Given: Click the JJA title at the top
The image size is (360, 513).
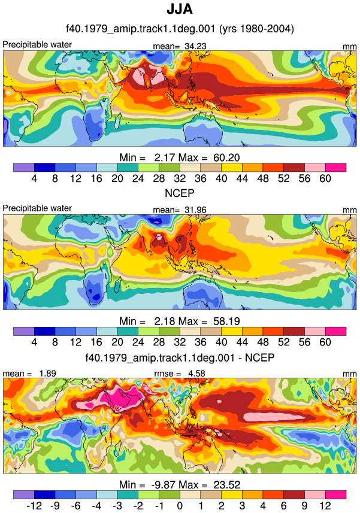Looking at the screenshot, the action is point(180,9).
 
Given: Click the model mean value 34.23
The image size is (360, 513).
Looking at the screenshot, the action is point(195,47).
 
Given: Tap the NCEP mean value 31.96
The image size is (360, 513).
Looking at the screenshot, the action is point(195,210).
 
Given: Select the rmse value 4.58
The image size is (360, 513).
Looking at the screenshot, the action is point(196,374).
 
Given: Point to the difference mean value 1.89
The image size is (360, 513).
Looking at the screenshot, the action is point(47,374).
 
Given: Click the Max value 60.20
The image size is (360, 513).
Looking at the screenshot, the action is point(226,157).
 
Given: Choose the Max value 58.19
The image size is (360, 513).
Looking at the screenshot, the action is point(226,321).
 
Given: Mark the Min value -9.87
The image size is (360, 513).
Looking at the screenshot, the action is point(163,484).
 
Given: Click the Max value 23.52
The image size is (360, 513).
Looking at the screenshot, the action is point(227,484).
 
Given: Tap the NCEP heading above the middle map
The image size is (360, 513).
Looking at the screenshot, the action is point(180,193).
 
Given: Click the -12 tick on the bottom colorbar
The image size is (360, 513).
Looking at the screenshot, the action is point(34,506).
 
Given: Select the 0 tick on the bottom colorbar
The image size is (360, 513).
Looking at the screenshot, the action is point(180,506).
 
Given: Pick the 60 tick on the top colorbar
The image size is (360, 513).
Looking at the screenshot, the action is point(325,178).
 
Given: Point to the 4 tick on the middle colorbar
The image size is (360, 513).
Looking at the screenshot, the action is point(34,342).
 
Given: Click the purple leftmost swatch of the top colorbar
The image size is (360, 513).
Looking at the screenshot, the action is point(24,168).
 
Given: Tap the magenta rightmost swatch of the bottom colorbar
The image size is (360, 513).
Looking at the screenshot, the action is point(336,494).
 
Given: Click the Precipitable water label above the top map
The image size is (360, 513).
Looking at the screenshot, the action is point(37,45).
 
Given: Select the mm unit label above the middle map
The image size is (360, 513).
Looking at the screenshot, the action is point(350,210).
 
